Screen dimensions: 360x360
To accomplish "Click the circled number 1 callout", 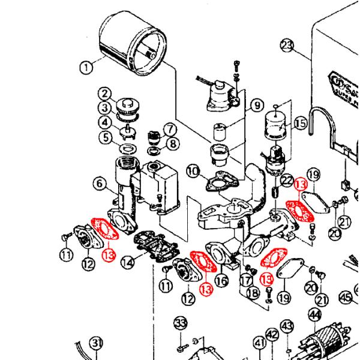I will tap(88, 67).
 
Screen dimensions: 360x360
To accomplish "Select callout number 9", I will tap(257, 106).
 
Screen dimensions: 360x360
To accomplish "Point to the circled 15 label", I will tap(299, 123).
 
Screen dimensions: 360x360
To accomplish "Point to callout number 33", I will tap(180, 323).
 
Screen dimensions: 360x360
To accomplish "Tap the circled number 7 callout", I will tap(169, 128).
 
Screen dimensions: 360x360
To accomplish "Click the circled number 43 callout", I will tap(289, 326).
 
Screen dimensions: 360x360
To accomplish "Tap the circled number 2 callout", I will tap(106, 94).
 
